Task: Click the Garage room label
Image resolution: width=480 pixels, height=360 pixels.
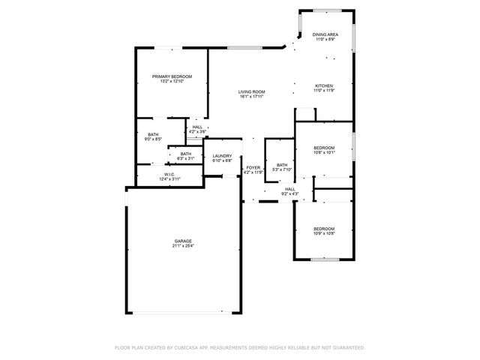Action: (184, 241)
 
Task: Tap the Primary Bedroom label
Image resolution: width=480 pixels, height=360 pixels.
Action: (172, 76)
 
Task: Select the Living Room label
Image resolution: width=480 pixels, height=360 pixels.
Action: (252, 91)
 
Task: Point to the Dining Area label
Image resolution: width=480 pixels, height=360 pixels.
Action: (324, 34)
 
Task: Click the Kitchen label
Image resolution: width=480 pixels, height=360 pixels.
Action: (323, 85)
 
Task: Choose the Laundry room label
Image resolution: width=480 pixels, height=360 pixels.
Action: (222, 156)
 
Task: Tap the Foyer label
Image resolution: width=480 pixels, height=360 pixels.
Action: (253, 167)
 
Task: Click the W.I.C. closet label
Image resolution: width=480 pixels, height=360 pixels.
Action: (169, 175)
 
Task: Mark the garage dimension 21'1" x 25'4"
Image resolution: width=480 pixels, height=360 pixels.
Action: (184, 245)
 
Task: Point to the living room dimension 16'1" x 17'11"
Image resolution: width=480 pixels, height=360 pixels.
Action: (252, 96)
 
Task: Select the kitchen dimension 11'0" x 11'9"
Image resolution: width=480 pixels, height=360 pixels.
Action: (323, 90)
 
